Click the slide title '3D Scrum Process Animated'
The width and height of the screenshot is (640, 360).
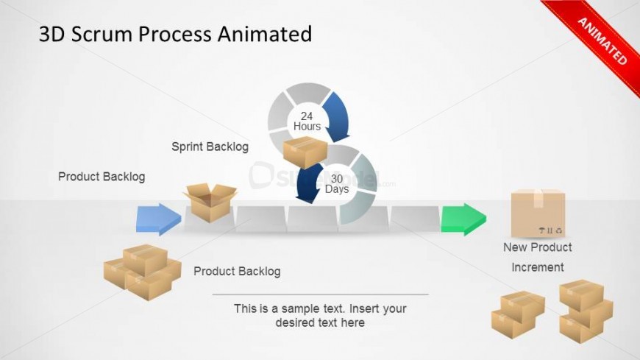[x=175, y=34]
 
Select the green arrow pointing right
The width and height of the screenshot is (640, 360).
[x=463, y=219]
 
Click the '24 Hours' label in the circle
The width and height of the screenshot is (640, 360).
[x=307, y=121]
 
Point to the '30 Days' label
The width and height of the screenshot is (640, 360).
[x=337, y=184]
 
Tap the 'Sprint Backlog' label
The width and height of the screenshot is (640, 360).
[x=210, y=147]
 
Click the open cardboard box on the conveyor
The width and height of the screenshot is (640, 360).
[x=210, y=202]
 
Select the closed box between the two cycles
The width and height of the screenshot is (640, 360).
[x=304, y=152]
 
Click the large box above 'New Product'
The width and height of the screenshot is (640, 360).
[x=538, y=213]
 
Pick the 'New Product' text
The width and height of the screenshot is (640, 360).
[x=537, y=247]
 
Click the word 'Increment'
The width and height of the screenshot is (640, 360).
[x=538, y=267]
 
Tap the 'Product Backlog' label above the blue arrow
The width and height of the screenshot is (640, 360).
[x=102, y=177]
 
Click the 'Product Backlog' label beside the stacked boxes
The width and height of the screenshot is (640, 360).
[x=237, y=272]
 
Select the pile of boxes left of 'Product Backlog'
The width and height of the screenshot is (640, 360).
[x=142, y=272]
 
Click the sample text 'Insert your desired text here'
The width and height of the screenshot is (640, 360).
[x=320, y=316]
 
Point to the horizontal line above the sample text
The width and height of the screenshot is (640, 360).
[x=320, y=294]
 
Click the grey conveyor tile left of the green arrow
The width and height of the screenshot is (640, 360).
[x=415, y=219]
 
